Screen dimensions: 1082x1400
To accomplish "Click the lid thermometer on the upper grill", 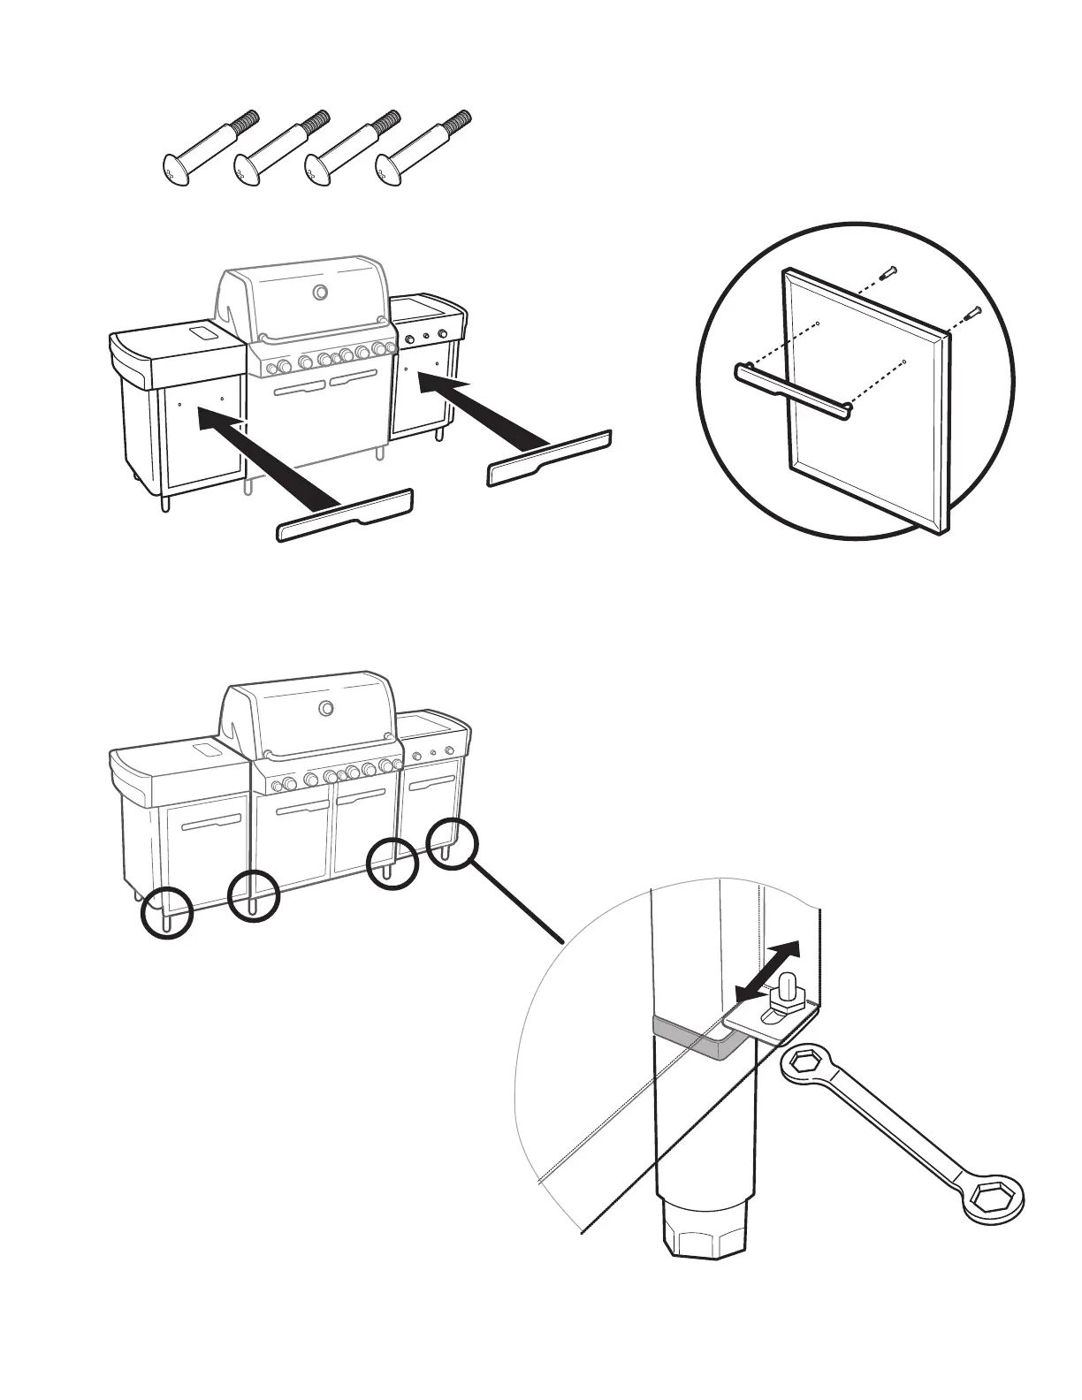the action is [x=320, y=293].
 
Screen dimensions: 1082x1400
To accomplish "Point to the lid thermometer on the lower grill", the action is [x=326, y=708].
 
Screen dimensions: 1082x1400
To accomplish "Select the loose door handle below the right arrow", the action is [x=549, y=457].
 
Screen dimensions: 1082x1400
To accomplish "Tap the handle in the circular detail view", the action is [x=794, y=388].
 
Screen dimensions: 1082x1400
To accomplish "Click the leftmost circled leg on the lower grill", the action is [x=166, y=914].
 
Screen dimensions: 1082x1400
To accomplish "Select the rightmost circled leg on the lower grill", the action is [x=452, y=844].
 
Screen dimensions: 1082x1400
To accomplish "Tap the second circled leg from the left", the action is [x=253, y=899].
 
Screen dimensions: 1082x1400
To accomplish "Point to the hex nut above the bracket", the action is [x=784, y=997].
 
